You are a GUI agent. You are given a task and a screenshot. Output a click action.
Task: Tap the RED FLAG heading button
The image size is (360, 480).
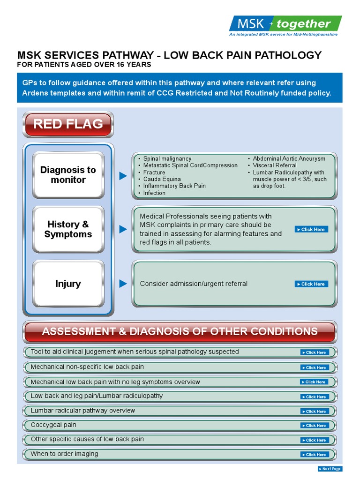coord(68,124)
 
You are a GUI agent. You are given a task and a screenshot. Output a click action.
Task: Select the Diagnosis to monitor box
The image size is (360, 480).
coord(68,175)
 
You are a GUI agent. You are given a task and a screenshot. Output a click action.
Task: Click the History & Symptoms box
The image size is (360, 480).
coord(68,229)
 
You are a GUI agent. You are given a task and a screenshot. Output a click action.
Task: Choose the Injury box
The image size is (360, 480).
coord(68,284)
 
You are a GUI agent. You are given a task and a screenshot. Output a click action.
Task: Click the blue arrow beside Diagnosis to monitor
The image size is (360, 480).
coord(123,176)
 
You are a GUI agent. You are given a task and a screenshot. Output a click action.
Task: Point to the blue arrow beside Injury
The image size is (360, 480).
coord(123,284)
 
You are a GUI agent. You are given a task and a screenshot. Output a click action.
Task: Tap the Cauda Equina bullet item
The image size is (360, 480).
coord(162,179)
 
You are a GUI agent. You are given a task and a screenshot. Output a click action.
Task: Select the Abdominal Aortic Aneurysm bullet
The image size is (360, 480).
coord(289,158)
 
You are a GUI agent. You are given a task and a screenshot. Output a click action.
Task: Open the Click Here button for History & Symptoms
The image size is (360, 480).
coord(311,230)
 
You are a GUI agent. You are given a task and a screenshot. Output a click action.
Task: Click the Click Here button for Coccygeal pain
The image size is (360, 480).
coord(315,426)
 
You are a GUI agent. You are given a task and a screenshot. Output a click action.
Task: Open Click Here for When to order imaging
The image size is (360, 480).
coord(315,455)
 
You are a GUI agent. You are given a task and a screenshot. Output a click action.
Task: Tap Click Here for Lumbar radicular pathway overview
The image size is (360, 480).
coord(315,411)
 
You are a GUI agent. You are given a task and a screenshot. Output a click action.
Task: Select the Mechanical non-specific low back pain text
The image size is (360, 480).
coord(87,367)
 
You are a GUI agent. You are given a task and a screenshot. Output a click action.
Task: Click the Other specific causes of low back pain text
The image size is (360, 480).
coord(87,439)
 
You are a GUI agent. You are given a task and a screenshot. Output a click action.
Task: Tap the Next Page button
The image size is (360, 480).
coord(330,469)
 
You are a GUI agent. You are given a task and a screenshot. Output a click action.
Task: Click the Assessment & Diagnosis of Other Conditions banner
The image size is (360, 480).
coord(180,331)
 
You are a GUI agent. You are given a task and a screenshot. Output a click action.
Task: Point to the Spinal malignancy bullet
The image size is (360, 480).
coord(167,158)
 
